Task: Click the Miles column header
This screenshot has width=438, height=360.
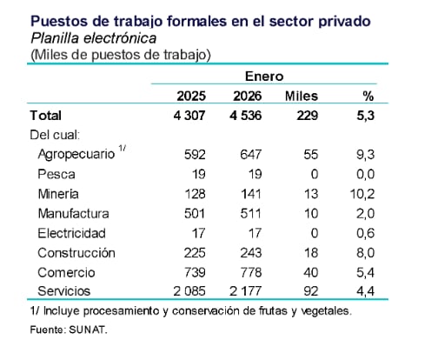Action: (301, 96)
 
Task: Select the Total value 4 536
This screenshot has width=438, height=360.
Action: (246, 115)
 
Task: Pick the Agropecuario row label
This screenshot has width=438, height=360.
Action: (77, 154)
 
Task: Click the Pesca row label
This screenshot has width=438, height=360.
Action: (58, 174)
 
